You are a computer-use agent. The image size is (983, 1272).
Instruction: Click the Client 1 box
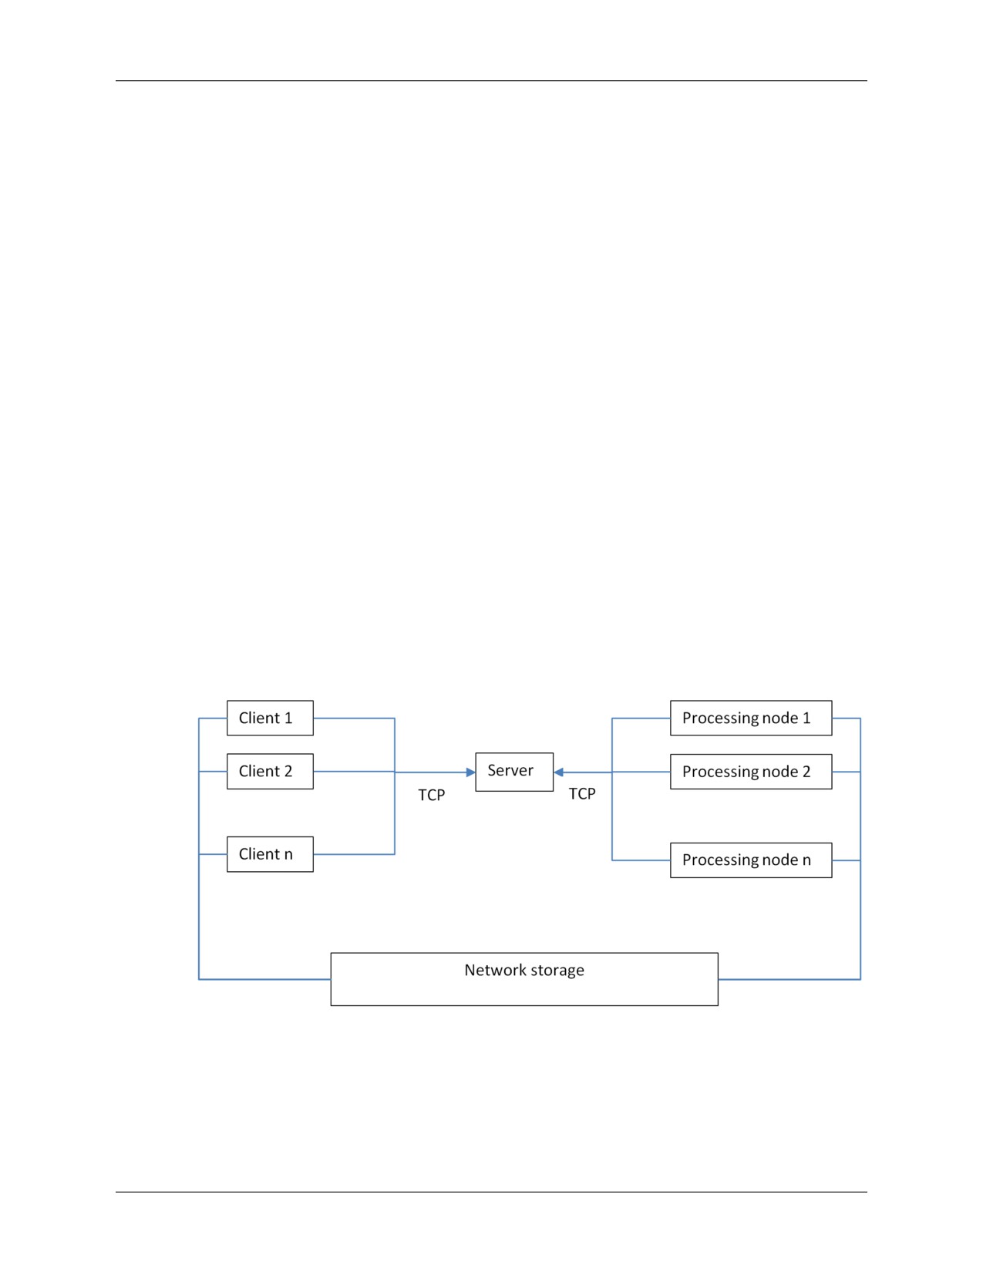270,718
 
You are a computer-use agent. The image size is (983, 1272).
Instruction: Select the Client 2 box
270,771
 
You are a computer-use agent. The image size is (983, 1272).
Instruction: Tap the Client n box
270,854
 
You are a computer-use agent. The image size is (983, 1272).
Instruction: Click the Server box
514,772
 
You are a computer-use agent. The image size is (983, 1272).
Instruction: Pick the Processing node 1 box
751,718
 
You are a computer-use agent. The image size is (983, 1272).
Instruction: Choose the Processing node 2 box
751,772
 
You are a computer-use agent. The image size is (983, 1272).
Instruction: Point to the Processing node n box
751,860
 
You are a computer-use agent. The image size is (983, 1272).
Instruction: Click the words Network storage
524,970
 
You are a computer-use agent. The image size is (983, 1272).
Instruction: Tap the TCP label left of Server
432,795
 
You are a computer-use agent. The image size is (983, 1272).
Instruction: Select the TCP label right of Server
582,794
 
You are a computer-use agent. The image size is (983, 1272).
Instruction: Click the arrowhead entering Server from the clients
471,772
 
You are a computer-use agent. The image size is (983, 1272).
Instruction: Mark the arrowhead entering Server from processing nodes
558,772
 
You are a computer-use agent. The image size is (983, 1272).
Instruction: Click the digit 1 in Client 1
288,718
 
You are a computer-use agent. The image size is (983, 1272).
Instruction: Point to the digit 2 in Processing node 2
806,772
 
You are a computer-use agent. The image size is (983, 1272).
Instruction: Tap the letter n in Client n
288,855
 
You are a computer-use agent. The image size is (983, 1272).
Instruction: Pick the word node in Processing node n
779,860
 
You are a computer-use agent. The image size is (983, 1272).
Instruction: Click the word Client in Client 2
259,771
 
